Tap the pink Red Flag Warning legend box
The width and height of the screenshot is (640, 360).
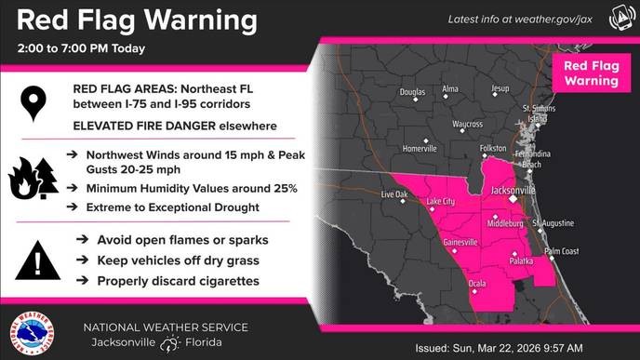click(585, 73)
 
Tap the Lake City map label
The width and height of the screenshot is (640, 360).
click(441, 201)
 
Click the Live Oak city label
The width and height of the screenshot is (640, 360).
click(395, 194)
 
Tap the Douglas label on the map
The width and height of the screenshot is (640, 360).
click(412, 92)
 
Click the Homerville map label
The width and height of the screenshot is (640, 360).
click(420, 149)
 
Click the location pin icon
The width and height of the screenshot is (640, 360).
click(35, 103)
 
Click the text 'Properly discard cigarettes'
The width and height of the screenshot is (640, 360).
click(178, 280)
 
